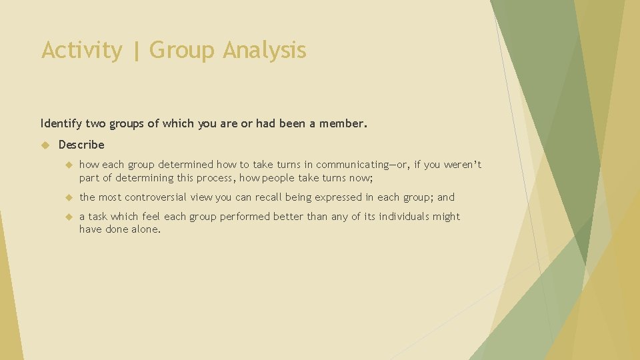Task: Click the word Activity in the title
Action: tap(81, 51)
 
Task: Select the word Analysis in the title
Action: tap(265, 51)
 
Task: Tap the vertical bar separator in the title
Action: tap(137, 51)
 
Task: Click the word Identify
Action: tap(62, 123)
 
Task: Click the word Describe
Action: tap(81, 145)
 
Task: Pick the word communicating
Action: tap(353, 165)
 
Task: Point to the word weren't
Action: tap(463, 165)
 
